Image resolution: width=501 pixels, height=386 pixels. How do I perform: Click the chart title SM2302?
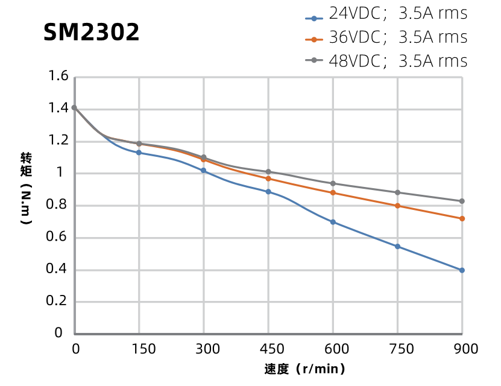pyautogui.click(x=92, y=33)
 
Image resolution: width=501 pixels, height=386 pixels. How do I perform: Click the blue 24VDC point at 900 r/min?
pyautogui.click(x=462, y=270)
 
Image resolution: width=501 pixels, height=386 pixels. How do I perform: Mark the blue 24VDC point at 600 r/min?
pyautogui.click(x=333, y=222)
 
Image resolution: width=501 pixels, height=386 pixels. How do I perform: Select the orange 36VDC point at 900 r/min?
pyautogui.click(x=462, y=218)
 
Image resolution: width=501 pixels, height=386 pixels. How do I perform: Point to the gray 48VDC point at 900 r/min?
pyautogui.click(x=462, y=201)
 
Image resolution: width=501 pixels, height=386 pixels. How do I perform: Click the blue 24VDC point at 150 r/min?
pyautogui.click(x=139, y=153)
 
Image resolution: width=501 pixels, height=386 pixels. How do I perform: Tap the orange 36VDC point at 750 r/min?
pyautogui.click(x=397, y=206)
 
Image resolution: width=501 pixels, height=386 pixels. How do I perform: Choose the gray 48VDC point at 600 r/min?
pyautogui.click(x=333, y=183)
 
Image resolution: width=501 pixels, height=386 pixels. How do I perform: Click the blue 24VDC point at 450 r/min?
pyautogui.click(x=268, y=192)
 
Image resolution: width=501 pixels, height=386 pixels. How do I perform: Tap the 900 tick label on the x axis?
pyautogui.click(x=465, y=349)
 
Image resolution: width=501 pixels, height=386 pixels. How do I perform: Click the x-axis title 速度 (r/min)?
pyautogui.click(x=304, y=369)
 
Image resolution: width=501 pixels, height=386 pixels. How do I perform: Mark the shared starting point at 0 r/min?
pyautogui.click(x=74, y=107)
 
